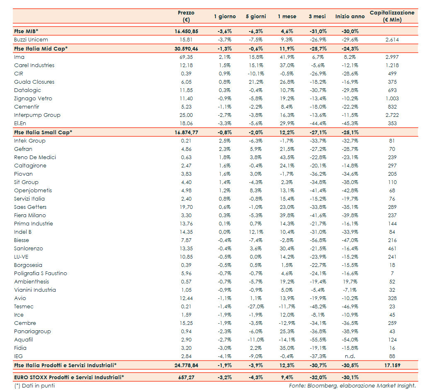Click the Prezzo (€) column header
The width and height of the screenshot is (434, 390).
click(186, 16)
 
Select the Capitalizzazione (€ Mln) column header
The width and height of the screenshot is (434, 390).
click(392, 16)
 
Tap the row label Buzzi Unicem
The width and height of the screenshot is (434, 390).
click(31, 40)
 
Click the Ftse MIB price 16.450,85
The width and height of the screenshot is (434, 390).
click(186, 31)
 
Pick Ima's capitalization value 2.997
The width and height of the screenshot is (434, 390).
click(392, 57)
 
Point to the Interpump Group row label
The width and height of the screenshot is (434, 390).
click(37, 115)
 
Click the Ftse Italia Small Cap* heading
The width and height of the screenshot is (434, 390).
click(43, 132)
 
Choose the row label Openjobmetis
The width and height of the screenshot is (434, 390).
click(33, 190)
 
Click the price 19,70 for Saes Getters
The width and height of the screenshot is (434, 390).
click(186, 207)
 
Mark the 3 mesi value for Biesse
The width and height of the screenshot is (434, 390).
click(318, 240)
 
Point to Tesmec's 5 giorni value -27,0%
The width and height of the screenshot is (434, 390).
click(255, 306)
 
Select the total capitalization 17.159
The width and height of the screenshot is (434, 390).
click(392, 365)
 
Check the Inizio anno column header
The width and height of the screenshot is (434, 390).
click(350, 17)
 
